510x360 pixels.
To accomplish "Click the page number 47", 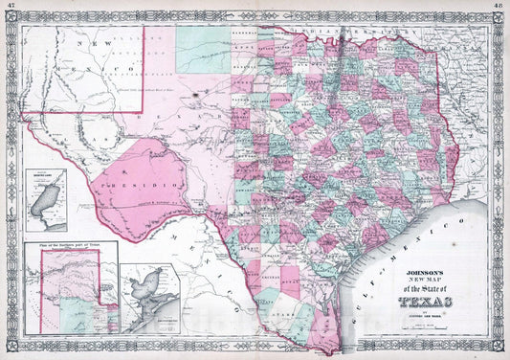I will [x=9, y=5].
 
